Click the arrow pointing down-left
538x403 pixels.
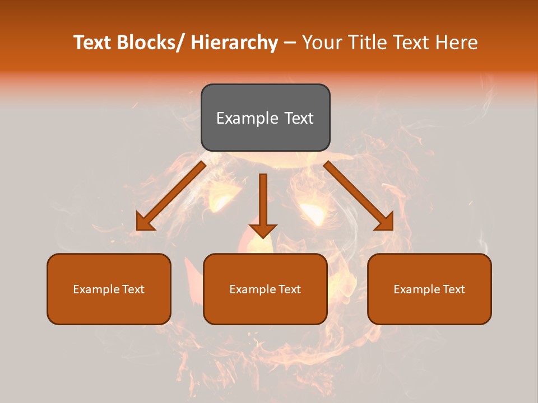pos(174,194)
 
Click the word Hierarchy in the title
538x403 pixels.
pos(234,43)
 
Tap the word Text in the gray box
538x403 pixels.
pos(299,118)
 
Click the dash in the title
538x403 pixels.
pos(290,43)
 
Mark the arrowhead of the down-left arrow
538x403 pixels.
pos(144,223)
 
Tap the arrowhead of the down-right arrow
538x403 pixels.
pos(386,223)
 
